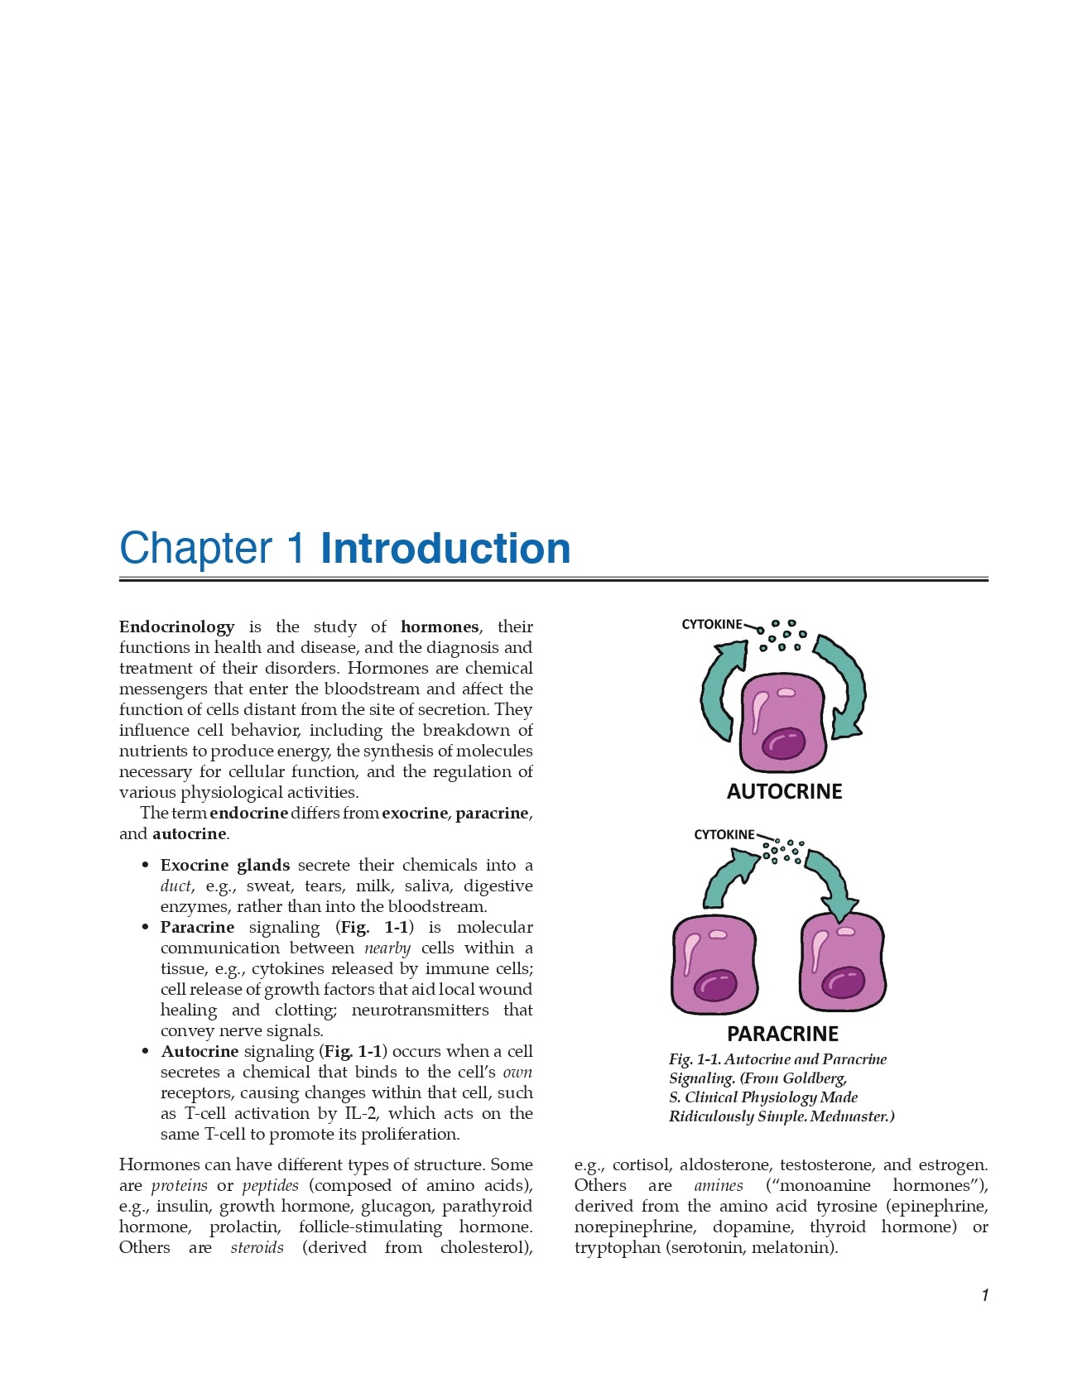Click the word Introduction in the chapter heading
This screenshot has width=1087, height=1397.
tap(445, 549)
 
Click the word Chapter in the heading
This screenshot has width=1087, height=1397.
tap(195, 549)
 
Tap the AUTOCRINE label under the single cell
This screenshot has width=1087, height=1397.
tap(784, 792)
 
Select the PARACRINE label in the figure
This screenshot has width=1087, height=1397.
tap(782, 1034)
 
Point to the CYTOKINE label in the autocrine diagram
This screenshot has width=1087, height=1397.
tap(711, 624)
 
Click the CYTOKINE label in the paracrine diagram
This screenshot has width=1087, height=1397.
tap(724, 834)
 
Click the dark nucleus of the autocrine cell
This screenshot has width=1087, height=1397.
tap(783, 742)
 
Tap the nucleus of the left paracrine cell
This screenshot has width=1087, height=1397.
tap(714, 986)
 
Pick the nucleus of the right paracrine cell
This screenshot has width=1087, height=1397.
tap(843, 982)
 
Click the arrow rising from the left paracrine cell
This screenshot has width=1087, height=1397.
tap(726, 881)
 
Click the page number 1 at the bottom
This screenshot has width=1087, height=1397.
tap(984, 1295)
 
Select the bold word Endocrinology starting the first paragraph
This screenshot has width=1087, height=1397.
tap(176, 627)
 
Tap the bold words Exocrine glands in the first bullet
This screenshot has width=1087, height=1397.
tap(224, 866)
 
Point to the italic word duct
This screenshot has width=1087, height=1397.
tap(176, 886)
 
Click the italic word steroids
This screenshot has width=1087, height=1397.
tap(257, 1248)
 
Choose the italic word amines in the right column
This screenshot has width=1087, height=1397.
tap(718, 1186)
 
